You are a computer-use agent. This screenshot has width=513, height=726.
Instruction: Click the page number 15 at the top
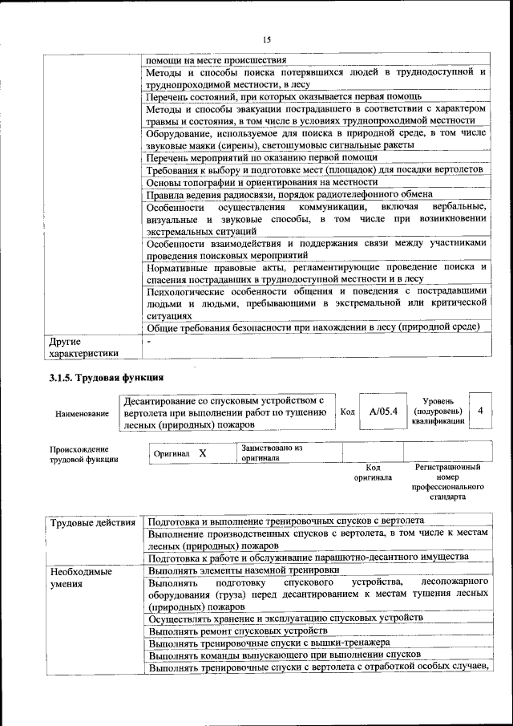267,40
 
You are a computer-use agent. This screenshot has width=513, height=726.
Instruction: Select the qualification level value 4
479,411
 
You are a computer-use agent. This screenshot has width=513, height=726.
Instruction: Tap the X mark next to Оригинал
203,453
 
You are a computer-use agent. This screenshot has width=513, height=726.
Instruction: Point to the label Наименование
82,413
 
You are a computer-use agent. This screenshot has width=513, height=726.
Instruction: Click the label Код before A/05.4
347,412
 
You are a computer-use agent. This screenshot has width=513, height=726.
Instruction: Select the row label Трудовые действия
92,524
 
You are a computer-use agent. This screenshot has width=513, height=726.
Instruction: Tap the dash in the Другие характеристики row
149,341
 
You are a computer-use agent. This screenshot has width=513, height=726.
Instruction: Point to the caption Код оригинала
373,472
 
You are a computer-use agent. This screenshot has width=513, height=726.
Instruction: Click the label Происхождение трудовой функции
84,454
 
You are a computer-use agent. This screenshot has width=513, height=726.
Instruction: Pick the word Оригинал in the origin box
172,454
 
